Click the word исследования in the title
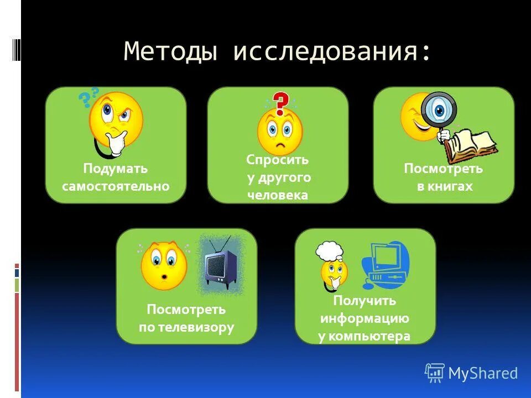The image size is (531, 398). click(331, 51)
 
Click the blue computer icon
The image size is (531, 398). click(386, 265)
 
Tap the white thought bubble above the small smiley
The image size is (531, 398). click(330, 252)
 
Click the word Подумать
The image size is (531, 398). click(116, 169)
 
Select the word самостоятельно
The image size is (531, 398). click(116, 186)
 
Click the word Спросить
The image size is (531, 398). click(277, 160)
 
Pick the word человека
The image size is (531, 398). click(278, 195)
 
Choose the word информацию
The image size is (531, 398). click(364, 318)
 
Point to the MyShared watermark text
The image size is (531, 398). click(482, 374)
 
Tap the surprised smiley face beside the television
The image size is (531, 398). click(164, 265)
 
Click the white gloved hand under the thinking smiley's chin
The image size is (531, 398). click(117, 143)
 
